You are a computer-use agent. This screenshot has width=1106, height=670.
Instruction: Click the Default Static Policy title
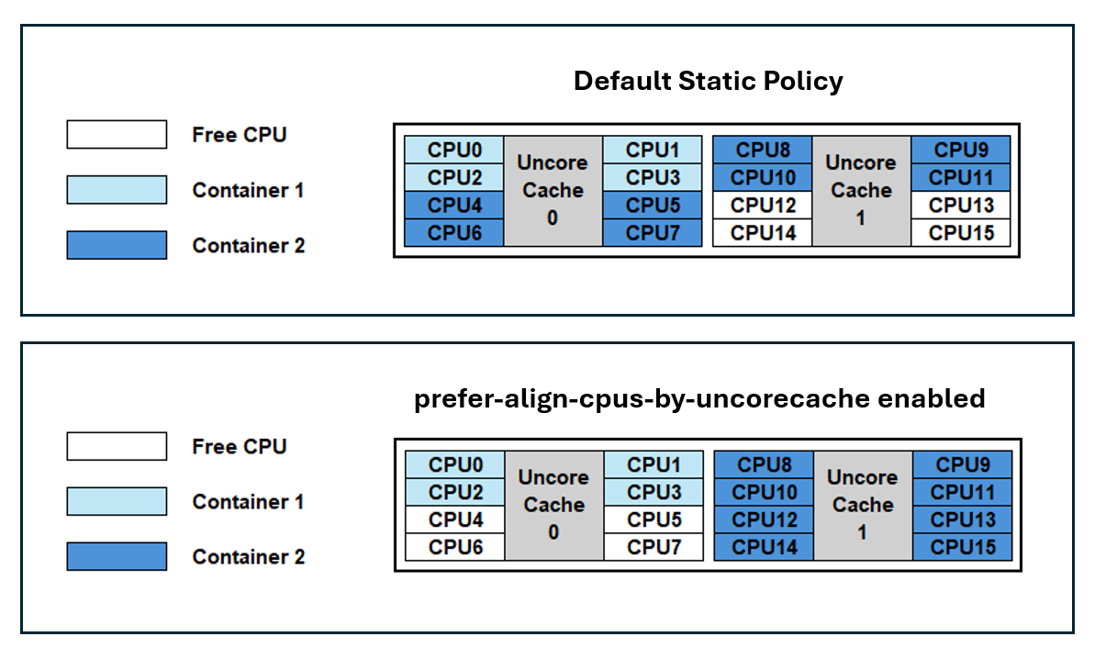708,81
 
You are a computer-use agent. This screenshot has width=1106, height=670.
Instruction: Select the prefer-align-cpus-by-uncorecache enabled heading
699,398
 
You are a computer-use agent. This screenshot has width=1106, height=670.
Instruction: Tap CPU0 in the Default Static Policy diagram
454,150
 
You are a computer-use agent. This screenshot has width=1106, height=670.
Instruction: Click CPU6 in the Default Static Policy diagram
454,233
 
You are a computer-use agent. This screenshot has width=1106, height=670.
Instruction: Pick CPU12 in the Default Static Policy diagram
763,206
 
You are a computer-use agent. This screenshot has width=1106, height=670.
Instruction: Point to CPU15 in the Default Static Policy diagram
961,233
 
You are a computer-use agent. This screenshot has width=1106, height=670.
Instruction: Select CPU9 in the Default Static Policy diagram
961,150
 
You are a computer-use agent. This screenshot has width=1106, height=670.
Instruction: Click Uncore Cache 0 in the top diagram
553,191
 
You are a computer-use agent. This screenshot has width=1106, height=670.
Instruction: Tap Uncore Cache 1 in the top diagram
861,191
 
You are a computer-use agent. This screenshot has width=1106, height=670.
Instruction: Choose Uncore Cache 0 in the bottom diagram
553,506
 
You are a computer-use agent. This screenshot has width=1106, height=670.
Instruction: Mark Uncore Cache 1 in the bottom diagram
863,506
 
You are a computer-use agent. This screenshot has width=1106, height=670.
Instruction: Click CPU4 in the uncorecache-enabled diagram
455,520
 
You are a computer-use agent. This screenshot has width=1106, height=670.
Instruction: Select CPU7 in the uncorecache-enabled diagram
654,548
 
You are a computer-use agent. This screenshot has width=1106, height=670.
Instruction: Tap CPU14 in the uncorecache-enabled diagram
764,548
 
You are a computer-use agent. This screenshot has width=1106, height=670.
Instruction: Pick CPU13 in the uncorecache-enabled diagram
962,520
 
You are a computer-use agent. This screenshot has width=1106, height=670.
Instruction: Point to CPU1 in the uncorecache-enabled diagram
654,464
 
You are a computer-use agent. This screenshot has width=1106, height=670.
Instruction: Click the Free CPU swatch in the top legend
117,135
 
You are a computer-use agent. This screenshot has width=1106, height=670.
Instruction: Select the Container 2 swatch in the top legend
117,245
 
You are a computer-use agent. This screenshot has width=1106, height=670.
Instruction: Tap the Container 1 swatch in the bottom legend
117,502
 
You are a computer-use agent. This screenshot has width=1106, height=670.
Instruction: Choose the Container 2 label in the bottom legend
248,557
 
